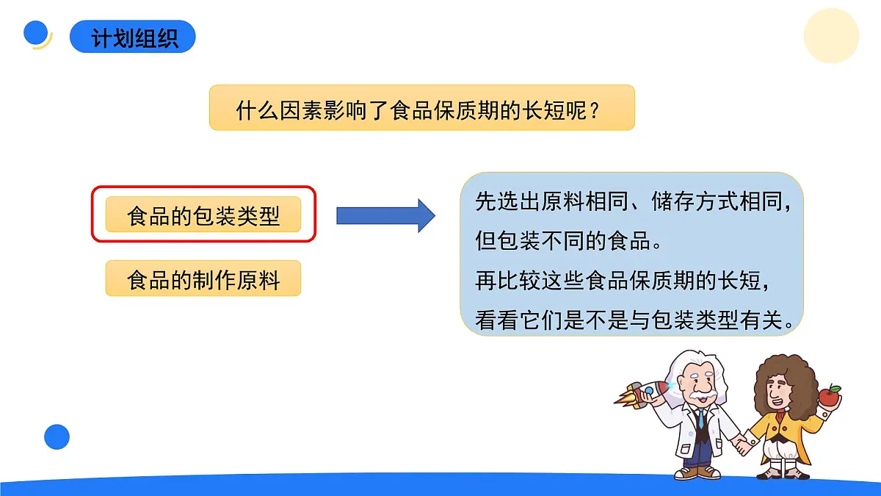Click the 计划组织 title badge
[x=133, y=37]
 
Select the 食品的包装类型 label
[x=203, y=215]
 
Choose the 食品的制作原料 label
[x=203, y=278]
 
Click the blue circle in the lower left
[x=57, y=437]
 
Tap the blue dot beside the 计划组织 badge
[x=36, y=33]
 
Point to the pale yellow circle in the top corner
[x=831, y=35]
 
